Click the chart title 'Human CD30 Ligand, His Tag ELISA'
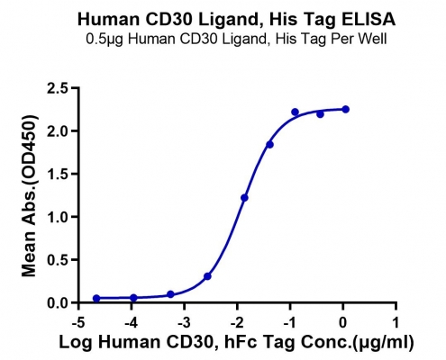pos(236,19)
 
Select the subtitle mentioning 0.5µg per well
pos(236,39)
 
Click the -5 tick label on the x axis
pos(78,322)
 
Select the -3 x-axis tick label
pos(184,322)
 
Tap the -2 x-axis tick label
pos(237,322)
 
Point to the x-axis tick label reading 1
pos(396,322)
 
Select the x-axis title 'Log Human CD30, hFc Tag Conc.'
pos(205,342)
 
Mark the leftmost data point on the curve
pos(96,298)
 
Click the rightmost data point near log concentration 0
pos(345,109)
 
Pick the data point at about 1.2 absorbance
pos(244,198)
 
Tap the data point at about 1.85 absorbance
pos(269,145)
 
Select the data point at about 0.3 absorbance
pos(207,276)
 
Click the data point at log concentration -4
pos(133,298)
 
